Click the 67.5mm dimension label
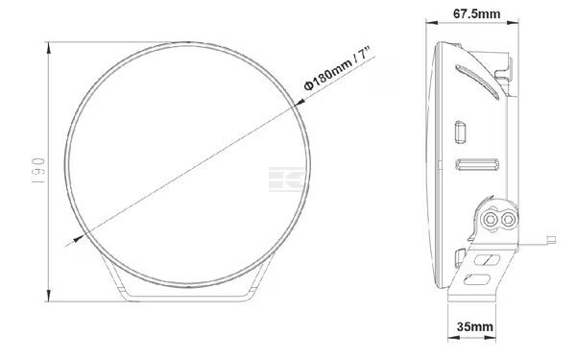tap(476, 14)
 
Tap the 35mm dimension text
tap(475, 326)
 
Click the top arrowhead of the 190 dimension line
tap(49, 48)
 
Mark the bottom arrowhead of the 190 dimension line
tap(49, 295)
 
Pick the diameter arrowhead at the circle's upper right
tap(299, 103)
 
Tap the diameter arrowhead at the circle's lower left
tap(79, 238)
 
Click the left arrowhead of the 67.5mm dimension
tap(432, 23)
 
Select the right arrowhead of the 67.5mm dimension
tap(513, 23)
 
